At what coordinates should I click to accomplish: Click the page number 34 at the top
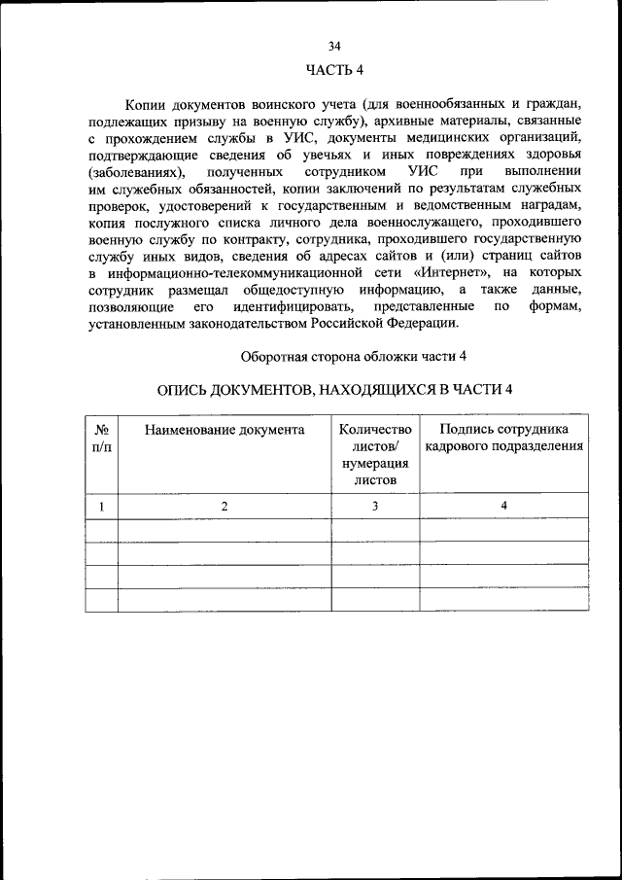[334, 46]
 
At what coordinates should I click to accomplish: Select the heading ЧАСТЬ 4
[334, 69]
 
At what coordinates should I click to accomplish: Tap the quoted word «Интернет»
[470, 271]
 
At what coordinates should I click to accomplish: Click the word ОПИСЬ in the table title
[188, 390]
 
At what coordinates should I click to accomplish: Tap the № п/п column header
[102, 438]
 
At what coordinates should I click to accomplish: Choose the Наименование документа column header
[225, 429]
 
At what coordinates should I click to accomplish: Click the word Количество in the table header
[375, 429]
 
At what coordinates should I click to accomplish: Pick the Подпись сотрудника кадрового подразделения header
[503, 438]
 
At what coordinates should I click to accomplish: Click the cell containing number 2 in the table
[225, 506]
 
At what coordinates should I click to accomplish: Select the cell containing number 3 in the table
[375, 506]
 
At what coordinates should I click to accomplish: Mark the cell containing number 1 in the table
[102, 506]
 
